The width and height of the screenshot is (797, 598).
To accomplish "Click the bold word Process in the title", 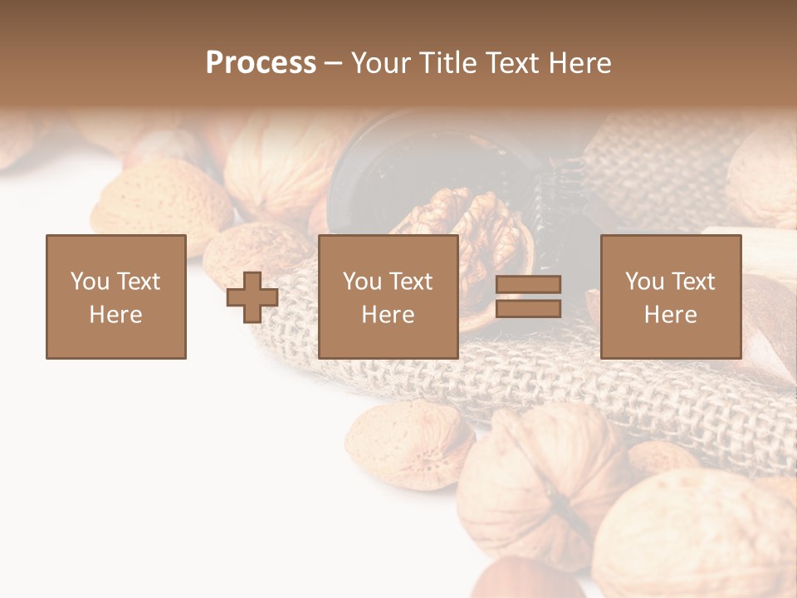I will [261, 62].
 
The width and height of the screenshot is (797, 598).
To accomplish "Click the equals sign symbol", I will [528, 297].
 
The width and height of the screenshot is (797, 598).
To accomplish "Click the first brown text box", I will [116, 297].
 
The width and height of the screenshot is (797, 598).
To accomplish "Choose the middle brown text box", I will [388, 297].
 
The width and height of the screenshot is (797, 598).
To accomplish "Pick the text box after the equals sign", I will [670, 297].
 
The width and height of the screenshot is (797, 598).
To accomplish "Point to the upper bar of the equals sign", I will [528, 285].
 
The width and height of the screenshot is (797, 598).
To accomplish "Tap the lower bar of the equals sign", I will [528, 309].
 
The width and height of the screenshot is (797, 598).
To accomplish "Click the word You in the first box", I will [90, 281].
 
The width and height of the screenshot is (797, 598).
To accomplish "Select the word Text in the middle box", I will [410, 281].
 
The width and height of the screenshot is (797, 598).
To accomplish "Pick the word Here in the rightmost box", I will [670, 314].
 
